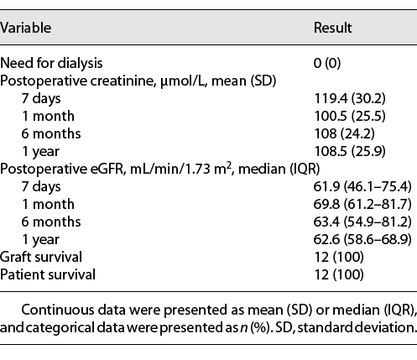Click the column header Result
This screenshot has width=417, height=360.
coord(332,27)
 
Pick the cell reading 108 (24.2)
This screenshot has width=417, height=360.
coord(339,134)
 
